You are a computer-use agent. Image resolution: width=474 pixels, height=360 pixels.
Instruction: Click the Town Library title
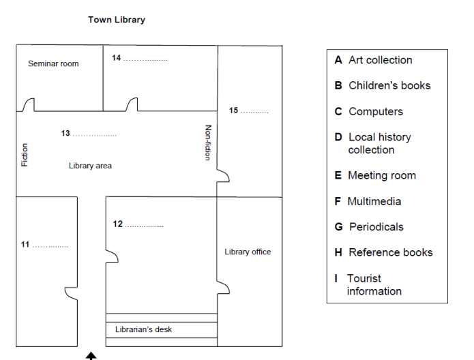point(117,20)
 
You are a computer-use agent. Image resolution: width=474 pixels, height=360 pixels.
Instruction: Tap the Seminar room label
point(53,64)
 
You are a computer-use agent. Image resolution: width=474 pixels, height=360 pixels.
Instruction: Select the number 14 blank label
point(139,59)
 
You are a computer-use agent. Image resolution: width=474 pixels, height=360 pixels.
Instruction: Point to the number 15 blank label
point(248,110)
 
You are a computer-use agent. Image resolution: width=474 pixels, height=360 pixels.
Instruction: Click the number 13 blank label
point(89,134)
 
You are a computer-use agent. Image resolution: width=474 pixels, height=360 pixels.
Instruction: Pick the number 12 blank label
point(138,224)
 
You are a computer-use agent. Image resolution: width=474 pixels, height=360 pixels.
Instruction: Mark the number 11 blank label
point(45,245)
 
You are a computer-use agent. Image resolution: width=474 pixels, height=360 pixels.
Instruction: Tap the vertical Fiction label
point(25,155)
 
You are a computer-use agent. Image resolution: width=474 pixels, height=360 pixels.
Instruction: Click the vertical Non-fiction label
point(209,142)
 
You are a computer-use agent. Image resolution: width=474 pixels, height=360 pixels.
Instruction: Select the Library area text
point(90,166)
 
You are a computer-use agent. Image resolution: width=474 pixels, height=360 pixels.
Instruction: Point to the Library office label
point(248,252)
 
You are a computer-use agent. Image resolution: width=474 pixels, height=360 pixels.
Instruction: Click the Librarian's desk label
point(143,330)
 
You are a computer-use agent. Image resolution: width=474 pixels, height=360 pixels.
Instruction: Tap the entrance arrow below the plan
point(91,355)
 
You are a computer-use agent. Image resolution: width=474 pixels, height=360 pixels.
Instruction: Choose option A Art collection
point(373,60)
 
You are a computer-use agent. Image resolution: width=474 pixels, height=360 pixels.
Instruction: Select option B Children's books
point(383,86)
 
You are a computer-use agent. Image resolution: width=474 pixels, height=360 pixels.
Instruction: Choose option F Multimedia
point(367,202)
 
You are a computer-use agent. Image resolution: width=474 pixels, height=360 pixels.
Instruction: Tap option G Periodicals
point(369,227)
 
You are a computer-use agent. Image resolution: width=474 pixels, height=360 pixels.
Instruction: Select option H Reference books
point(383,253)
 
